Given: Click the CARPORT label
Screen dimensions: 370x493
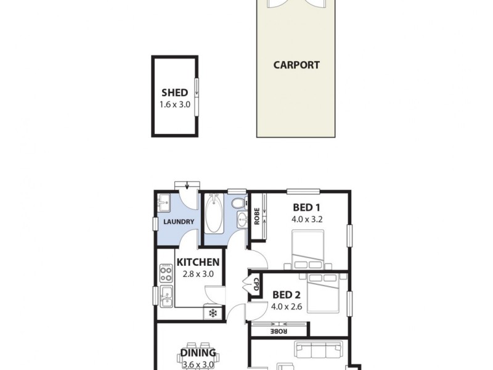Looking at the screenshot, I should pyautogui.click(x=296, y=65).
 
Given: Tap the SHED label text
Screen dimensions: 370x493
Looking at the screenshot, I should pyautogui.click(x=174, y=93).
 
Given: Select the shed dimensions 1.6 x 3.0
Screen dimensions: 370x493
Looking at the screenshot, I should pyautogui.click(x=174, y=104).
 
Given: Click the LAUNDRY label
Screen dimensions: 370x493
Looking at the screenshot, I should pyautogui.click(x=179, y=222).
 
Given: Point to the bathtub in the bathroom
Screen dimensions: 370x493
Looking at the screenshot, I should pyautogui.click(x=213, y=213).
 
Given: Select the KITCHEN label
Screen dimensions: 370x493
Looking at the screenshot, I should pyautogui.click(x=198, y=263).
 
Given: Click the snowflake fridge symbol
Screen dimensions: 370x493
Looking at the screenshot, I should pyautogui.click(x=213, y=313).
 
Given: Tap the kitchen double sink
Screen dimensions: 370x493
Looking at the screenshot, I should pyautogui.click(x=165, y=296).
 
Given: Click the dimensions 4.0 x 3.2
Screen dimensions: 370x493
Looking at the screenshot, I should pyautogui.click(x=307, y=218).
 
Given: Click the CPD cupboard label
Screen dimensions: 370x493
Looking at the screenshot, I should pyautogui.click(x=255, y=285).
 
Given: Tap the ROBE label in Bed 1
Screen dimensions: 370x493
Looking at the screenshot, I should pyautogui.click(x=256, y=218).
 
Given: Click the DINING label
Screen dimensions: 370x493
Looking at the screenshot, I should pyautogui.click(x=198, y=353).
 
